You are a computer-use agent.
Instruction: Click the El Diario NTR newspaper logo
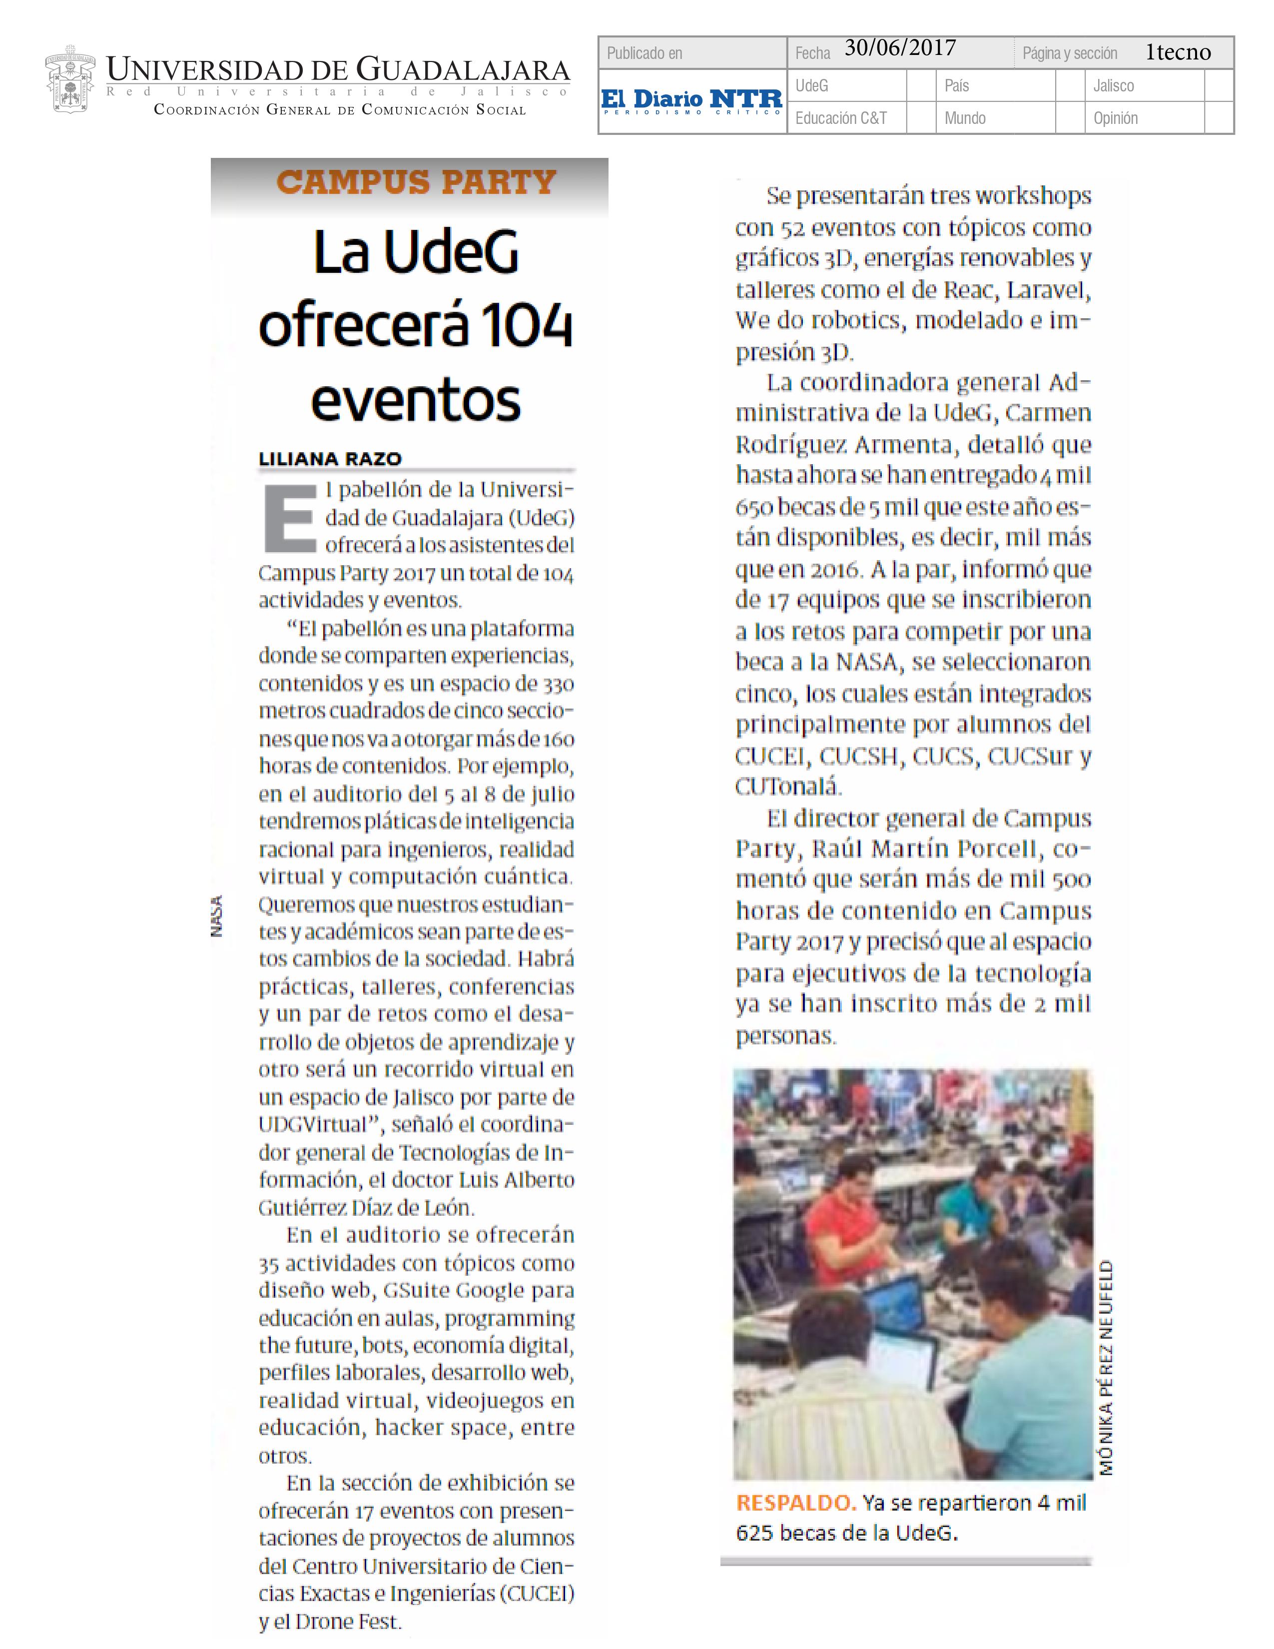[691, 101]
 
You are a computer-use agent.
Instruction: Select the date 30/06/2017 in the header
[900, 48]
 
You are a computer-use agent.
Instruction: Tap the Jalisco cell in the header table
[1113, 85]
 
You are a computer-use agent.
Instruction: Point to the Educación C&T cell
[841, 118]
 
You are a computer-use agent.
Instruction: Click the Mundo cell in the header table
[965, 118]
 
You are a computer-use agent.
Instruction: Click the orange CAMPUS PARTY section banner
[416, 182]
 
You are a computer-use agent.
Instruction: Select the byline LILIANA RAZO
[330, 458]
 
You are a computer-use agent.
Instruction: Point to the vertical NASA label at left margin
[217, 916]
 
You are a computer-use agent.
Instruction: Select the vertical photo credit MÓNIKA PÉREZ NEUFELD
[1106, 1367]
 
